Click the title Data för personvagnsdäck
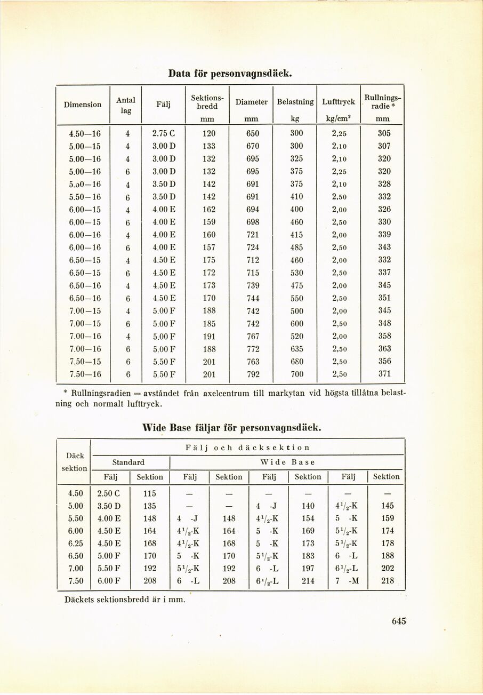coord(230,73)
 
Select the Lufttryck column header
coord(339,101)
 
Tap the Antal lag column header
coord(125,105)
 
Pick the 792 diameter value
coord(253,374)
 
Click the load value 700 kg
coord(297,374)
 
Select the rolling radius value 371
coord(384,374)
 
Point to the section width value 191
coord(209,336)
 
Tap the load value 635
coord(297,349)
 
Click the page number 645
coord(399,621)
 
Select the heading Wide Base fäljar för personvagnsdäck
coord(232,427)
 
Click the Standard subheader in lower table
coord(128,462)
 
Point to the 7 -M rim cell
coord(348,581)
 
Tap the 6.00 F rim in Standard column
coord(110,581)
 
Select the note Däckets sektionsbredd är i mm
coord(125,600)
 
